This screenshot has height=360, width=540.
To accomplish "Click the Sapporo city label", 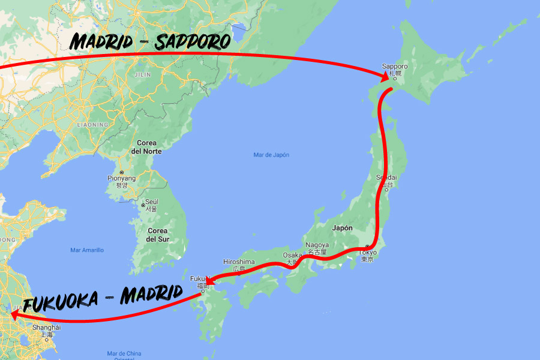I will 395,67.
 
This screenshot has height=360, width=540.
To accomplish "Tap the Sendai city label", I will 386,178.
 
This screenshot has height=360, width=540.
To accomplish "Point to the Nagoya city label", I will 317,245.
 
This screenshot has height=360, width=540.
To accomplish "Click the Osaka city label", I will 292,256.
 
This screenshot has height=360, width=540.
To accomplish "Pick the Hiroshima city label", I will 239,262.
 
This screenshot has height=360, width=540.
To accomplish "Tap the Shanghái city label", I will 47,328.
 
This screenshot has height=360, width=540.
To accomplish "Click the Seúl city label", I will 151,201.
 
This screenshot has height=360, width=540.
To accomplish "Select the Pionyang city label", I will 122,178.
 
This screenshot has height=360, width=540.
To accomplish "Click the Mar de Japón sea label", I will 271,155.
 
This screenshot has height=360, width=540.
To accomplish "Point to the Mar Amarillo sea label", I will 87,250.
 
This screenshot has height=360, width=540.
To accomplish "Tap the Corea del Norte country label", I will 146,147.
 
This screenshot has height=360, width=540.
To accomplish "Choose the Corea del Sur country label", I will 157,235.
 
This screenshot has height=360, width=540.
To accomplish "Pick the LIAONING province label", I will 92,125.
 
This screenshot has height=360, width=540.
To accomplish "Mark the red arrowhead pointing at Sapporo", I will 384,77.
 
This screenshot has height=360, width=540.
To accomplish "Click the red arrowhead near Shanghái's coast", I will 14,314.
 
